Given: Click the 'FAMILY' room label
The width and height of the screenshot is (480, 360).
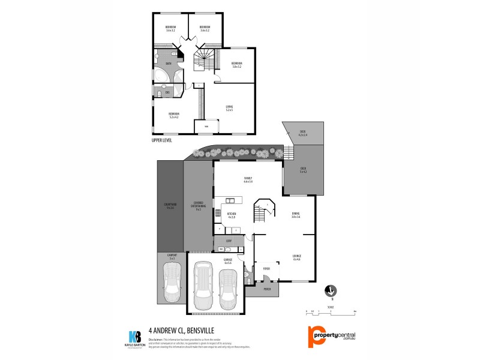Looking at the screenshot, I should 248,179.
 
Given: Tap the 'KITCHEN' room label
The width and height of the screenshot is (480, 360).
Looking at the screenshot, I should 232,214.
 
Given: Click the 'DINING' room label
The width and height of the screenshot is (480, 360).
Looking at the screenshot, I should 295,214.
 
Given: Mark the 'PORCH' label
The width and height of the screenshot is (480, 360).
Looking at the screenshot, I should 267,290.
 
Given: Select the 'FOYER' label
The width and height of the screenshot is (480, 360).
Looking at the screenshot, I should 266,269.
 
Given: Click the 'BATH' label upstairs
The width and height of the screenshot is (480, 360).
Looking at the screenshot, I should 169,64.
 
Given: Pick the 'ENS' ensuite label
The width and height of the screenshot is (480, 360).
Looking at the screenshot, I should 167,92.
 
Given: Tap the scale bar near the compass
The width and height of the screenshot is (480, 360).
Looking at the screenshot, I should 330,312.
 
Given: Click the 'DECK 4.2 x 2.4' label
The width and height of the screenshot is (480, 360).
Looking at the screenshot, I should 302,134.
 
